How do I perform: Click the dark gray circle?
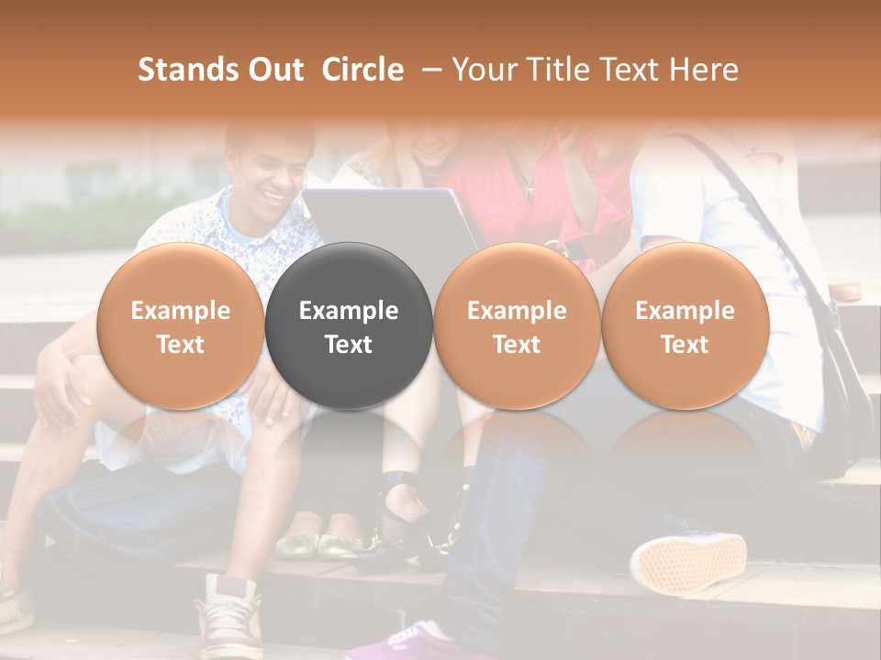pos(349,325)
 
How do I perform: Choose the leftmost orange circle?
pos(180,325)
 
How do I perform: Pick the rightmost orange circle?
pos(685,325)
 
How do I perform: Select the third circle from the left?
pos(517,325)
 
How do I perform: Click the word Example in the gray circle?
pos(349,311)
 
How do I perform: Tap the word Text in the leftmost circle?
pos(180,345)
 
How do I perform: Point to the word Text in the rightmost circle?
pos(685,345)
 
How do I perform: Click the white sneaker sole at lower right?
pos(687,560)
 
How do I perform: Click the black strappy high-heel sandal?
pos(404,513)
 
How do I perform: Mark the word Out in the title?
pos(274,70)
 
